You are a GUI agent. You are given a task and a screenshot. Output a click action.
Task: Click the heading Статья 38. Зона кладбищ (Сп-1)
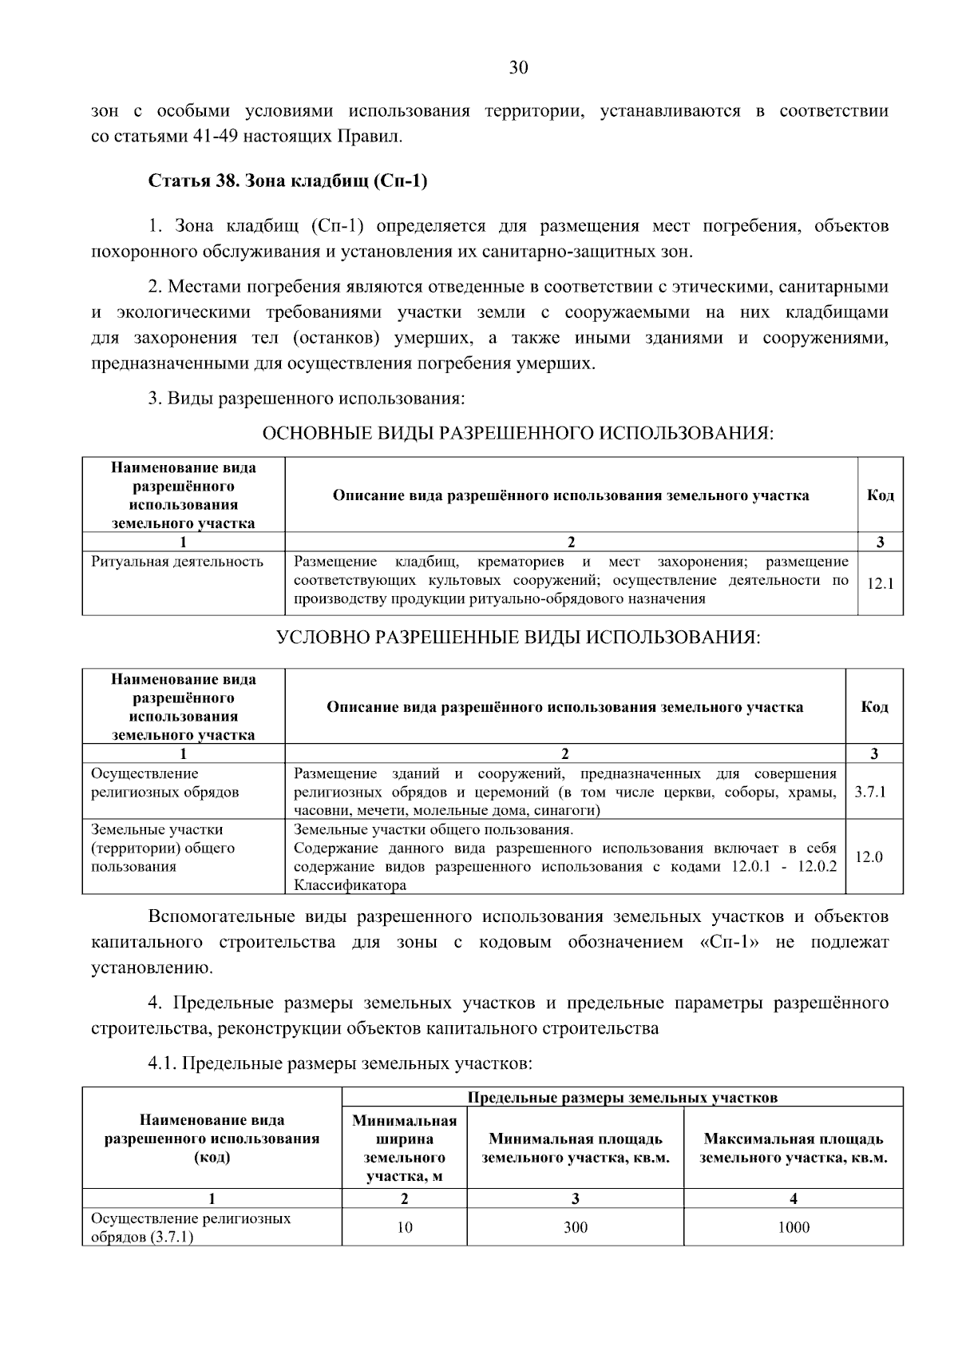[288, 181]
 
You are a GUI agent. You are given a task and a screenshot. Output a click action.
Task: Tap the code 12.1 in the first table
[880, 584]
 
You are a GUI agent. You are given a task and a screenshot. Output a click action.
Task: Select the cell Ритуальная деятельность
[177, 562]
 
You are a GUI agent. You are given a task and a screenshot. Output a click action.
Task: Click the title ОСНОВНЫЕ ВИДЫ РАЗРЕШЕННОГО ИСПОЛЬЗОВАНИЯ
[518, 434]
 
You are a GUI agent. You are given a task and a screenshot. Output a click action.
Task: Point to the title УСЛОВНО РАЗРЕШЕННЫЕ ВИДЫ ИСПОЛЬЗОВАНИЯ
[518, 638]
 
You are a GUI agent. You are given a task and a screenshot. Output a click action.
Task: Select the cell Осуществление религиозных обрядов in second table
[165, 783]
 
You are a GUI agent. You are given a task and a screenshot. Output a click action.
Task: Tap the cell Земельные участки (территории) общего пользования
[164, 848]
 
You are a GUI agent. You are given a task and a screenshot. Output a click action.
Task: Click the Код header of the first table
[880, 495]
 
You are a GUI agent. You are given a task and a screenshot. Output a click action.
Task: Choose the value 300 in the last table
[575, 1228]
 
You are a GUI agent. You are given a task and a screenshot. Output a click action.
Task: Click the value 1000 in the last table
[793, 1228]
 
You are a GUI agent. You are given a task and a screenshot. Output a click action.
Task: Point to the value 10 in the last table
[405, 1228]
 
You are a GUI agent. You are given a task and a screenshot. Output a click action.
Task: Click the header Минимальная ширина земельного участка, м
[405, 1147]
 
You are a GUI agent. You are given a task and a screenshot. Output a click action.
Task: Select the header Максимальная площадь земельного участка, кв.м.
[793, 1148]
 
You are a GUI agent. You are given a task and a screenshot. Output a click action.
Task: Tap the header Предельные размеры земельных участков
[622, 1098]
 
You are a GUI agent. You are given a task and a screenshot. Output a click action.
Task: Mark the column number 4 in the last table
[793, 1198]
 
